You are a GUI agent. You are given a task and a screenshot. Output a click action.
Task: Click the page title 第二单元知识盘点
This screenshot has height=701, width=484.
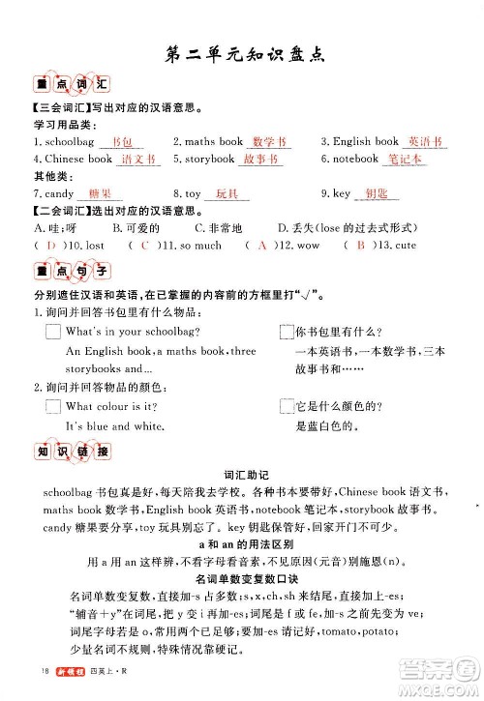tap(242, 53)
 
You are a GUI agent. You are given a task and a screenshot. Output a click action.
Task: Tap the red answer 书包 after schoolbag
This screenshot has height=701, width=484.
tap(122, 142)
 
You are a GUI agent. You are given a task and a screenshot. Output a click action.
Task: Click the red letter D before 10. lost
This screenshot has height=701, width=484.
tap(50, 246)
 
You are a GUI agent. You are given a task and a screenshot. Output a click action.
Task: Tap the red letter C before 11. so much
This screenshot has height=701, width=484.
tap(145, 246)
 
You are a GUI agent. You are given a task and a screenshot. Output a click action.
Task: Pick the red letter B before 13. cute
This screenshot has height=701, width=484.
tap(360, 246)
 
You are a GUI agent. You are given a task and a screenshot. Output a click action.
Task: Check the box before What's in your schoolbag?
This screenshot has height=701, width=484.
tap(53, 332)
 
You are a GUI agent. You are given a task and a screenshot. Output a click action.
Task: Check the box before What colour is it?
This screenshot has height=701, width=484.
tap(53, 407)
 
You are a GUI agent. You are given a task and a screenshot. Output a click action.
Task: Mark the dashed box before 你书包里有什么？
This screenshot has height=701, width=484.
tap(286, 332)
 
